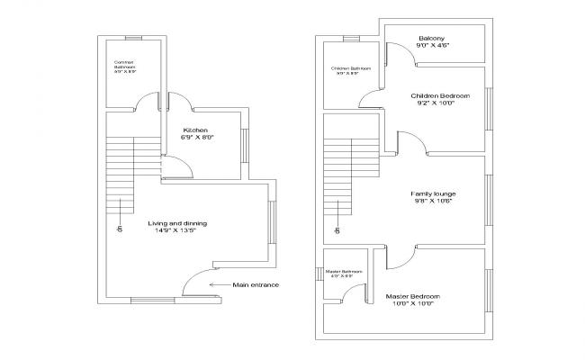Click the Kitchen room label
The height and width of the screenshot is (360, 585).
pos(195,130)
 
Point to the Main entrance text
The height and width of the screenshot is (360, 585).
pos(256,285)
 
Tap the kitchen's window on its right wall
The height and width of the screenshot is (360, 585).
pos(242,144)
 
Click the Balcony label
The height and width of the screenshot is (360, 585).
pos(434,39)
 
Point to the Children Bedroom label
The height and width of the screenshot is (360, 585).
pos(440,94)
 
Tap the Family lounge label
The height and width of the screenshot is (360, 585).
pos(433,193)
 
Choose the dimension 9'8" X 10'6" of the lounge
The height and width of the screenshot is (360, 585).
pos(433,202)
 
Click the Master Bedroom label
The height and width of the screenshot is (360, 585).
pos(412,296)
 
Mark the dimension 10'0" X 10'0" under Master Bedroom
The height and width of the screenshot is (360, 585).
pos(412,304)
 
